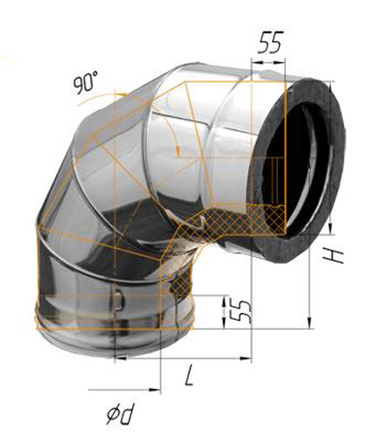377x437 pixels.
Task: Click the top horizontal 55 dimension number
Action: point(270,43)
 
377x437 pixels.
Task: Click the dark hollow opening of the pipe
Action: point(295,163)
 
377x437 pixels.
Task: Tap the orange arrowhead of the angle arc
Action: point(178,149)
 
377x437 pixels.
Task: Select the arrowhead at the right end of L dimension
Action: point(246,358)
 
